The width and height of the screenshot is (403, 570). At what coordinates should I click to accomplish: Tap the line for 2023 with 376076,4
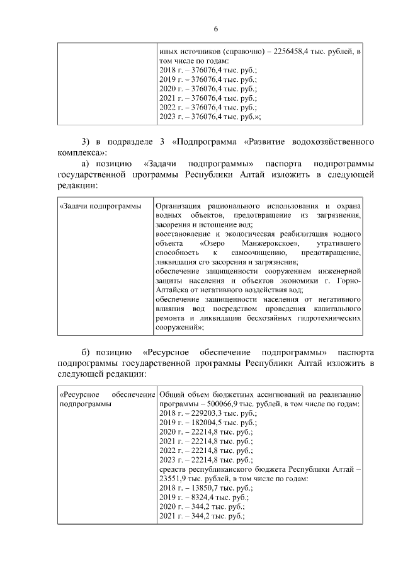coord(210,117)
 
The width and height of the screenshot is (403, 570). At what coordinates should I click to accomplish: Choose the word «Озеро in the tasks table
coord(212,243)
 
